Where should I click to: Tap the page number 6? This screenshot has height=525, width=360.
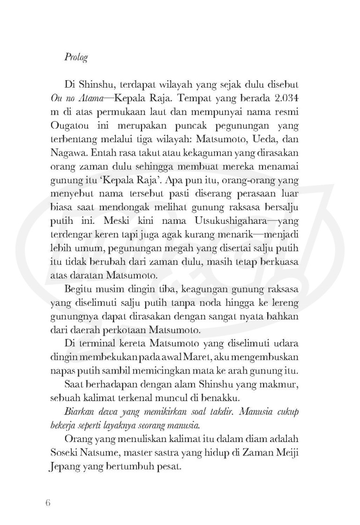[x=47, y=502]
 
